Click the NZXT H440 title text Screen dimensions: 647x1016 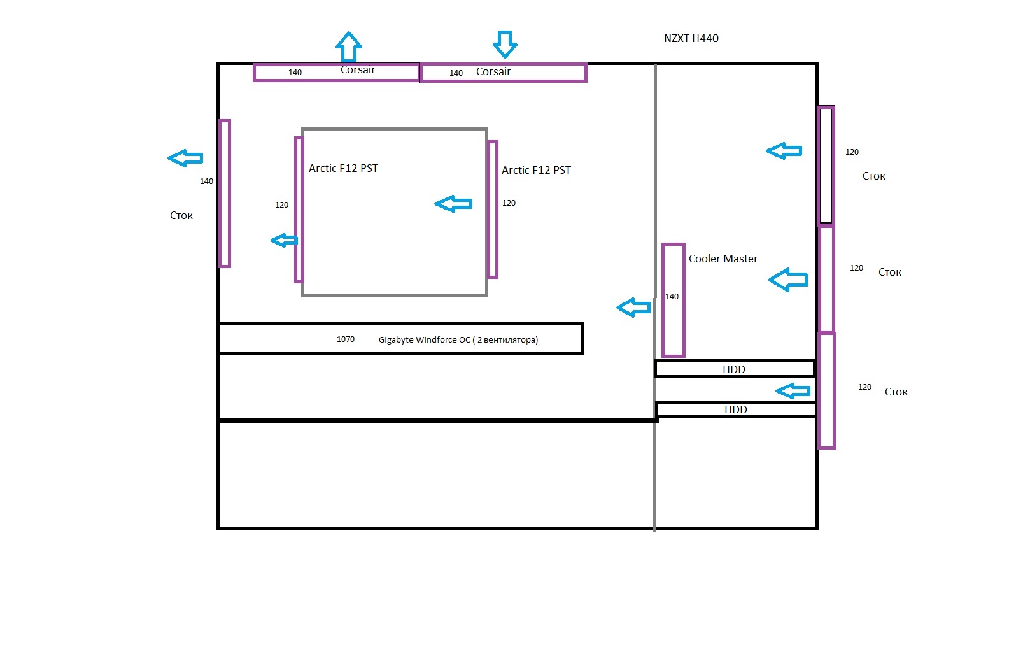point(691,38)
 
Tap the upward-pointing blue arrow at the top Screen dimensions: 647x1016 point(348,46)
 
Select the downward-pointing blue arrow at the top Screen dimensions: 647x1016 point(505,43)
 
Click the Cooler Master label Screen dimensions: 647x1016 point(723,259)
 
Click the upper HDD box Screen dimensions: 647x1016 point(734,369)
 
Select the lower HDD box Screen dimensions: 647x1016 point(736,409)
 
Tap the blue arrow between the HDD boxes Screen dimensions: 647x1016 point(793,390)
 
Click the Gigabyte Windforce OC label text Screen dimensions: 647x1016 point(458,339)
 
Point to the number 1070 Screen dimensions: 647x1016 point(346,339)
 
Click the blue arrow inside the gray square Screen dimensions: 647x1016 point(453,204)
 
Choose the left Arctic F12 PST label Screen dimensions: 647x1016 point(343,168)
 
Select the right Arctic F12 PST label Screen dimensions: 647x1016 point(536,170)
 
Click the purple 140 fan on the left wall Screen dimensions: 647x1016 point(224,193)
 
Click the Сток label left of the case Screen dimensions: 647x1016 point(181,215)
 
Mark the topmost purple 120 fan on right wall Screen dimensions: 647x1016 point(826,166)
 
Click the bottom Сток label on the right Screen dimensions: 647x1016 point(896,392)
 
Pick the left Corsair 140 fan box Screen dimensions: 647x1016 point(335,73)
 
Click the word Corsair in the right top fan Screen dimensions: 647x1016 point(493,71)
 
